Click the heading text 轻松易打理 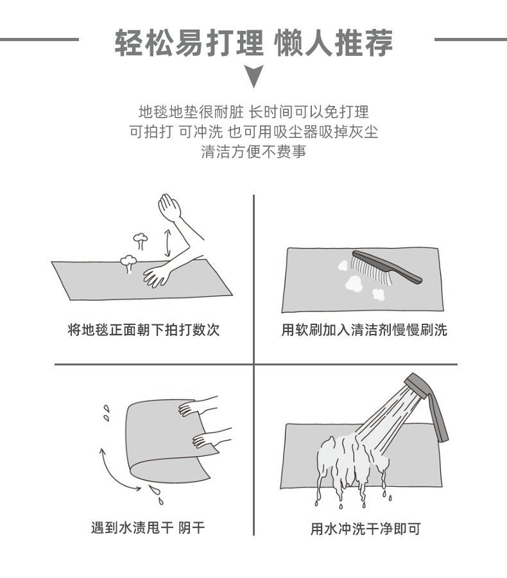pos(188,43)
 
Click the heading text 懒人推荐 pos(333,43)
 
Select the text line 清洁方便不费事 pos(253,152)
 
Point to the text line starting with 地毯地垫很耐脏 pos(253,112)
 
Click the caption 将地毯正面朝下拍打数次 pos(144,330)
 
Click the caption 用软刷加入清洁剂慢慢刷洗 pos(364,330)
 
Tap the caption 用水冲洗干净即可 pos(365,529)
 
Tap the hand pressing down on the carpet pos(157,275)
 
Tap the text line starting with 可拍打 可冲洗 pos(253,132)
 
